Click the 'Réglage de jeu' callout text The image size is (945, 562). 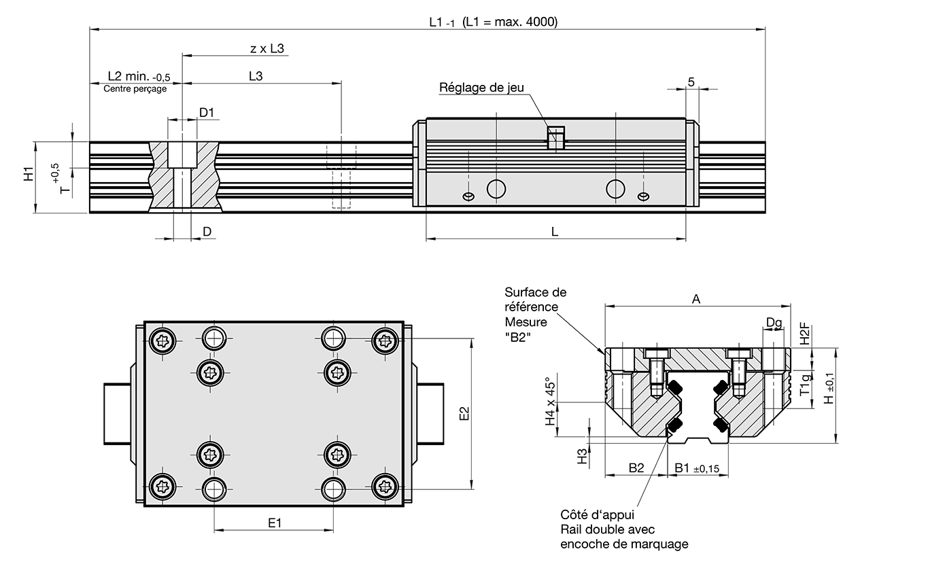coord(481,87)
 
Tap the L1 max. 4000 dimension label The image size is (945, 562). coord(493,22)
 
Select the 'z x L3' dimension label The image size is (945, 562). coord(267,48)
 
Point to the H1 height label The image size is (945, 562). coord(28,174)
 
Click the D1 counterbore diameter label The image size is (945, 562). coord(207,112)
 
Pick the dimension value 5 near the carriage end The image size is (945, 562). coord(691,82)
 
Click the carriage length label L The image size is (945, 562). coord(555,232)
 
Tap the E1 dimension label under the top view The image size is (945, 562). coord(275,523)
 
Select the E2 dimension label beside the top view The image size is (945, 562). coord(464,413)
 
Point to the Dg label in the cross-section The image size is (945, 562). coord(773,322)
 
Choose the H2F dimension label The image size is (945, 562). coord(804,334)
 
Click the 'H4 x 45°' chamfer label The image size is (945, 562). coord(551,401)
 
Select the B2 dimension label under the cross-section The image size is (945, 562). coord(636,468)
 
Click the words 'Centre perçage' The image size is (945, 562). coord(135,88)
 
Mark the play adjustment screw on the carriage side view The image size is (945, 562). coord(556,138)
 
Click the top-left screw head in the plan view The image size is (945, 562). coord(165,341)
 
